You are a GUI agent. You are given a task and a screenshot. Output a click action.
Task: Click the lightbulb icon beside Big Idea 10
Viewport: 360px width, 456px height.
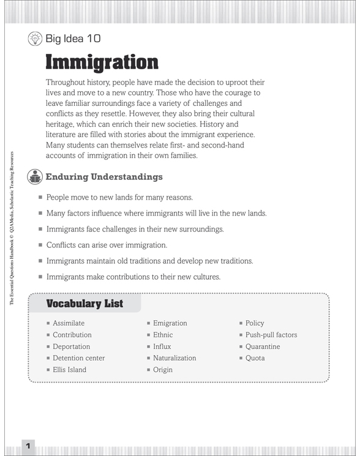click(35, 39)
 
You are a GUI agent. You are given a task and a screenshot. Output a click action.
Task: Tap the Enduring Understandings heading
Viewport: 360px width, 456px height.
click(104, 177)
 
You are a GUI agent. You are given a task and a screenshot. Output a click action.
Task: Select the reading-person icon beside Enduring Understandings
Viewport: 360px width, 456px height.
click(35, 177)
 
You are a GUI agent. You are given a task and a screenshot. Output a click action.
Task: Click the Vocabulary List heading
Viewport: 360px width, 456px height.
click(84, 304)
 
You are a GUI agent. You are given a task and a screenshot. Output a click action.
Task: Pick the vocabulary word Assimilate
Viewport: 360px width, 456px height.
click(69, 323)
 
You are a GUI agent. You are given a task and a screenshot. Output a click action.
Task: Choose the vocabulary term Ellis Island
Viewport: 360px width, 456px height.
click(69, 370)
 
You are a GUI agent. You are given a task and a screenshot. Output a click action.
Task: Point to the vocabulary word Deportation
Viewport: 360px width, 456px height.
click(71, 346)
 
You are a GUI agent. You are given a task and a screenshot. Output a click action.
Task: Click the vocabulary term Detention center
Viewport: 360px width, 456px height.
click(78, 358)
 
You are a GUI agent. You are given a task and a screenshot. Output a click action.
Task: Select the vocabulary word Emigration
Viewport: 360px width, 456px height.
click(170, 323)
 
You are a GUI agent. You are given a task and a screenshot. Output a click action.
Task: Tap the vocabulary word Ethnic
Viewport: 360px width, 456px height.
click(163, 335)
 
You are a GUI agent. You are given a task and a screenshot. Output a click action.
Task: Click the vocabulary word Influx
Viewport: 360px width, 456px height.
click(162, 346)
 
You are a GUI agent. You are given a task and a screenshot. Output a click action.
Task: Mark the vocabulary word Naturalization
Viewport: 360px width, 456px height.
click(174, 358)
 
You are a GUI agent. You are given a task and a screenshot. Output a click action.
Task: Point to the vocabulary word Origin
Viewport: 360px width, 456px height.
click(163, 370)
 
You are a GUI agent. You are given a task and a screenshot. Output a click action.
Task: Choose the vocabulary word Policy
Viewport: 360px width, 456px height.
click(255, 323)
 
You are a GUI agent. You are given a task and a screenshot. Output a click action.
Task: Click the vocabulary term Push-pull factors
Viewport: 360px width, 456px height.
click(271, 335)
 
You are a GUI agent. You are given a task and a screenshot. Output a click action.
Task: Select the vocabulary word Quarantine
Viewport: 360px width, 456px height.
click(263, 346)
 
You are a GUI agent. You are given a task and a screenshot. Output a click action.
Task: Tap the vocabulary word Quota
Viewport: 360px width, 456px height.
click(255, 358)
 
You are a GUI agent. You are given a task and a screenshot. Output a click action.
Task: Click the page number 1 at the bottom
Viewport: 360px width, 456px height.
click(28, 444)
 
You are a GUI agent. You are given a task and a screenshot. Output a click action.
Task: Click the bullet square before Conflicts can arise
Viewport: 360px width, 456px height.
click(40, 245)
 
